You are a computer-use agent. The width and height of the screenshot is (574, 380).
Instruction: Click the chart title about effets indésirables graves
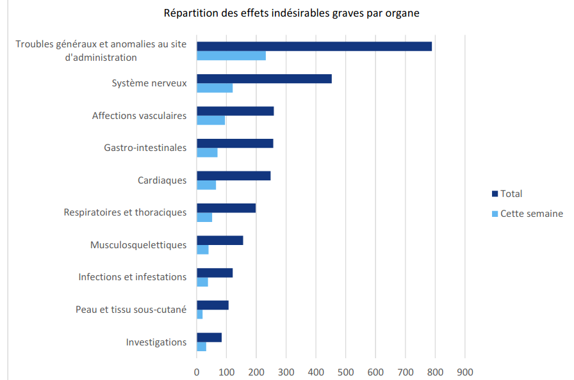click(x=291, y=13)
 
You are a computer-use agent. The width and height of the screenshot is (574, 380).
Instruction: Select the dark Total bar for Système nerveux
click(x=264, y=79)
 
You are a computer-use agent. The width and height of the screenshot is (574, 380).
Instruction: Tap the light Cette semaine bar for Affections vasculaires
click(x=211, y=120)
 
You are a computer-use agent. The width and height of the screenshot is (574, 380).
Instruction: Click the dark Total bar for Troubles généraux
click(x=314, y=46)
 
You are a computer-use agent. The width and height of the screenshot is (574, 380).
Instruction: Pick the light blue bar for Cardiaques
click(x=206, y=185)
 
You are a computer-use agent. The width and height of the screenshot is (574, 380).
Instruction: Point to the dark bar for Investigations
click(x=209, y=337)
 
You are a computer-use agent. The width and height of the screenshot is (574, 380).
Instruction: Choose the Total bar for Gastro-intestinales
click(x=234, y=143)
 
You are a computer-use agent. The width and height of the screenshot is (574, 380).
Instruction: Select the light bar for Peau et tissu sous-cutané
click(x=200, y=314)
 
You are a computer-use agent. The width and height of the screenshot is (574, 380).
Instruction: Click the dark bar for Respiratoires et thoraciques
click(x=226, y=208)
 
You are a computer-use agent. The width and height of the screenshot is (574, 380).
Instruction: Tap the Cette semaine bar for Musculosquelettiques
click(x=202, y=249)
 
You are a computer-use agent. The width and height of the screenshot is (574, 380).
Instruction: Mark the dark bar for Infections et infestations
click(x=215, y=273)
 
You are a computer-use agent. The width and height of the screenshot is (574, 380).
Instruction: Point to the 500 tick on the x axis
click(x=345, y=372)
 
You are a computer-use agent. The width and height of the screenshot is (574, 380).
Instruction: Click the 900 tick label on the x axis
click(x=464, y=372)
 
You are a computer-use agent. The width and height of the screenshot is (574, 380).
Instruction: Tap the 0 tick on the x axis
click(x=197, y=372)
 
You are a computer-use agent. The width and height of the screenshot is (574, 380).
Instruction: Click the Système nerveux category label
click(x=149, y=83)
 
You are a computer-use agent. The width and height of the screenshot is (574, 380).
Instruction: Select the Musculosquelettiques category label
click(x=138, y=245)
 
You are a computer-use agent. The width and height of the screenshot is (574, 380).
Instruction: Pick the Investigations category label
click(x=156, y=342)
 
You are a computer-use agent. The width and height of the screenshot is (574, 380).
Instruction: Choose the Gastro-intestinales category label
click(x=145, y=148)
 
